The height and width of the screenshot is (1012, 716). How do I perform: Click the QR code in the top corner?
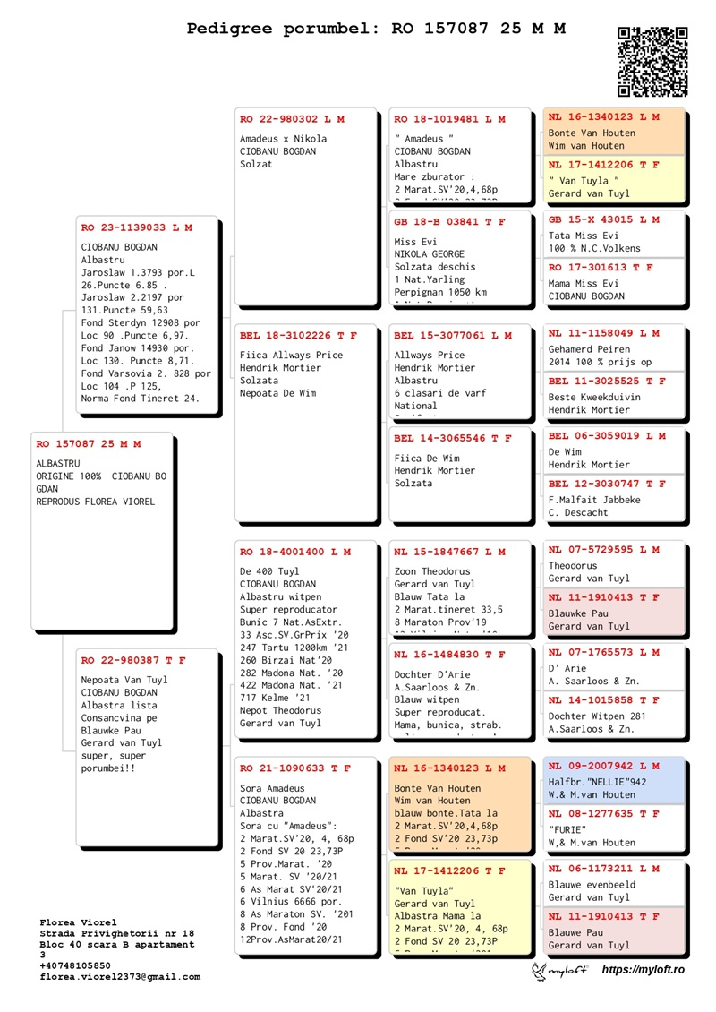[x=653, y=61]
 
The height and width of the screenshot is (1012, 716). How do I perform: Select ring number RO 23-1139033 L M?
[x=136, y=228]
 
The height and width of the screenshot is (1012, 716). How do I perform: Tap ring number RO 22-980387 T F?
[x=133, y=660]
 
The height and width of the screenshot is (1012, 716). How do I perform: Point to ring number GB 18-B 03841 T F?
[x=449, y=221]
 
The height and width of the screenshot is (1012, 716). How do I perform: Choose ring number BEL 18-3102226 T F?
[x=298, y=336]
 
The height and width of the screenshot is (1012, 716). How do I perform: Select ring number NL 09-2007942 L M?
[x=604, y=766]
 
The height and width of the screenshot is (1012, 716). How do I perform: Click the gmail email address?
[x=120, y=977]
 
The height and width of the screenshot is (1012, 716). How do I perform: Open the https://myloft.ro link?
[x=643, y=970]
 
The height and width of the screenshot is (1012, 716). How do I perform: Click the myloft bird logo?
[x=560, y=971]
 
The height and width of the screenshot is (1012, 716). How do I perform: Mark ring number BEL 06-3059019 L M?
[x=607, y=436]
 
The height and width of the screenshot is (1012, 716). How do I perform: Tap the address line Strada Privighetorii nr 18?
[x=117, y=933]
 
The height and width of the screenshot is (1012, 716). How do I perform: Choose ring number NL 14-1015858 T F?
[x=604, y=699]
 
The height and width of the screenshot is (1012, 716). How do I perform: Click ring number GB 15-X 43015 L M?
[x=604, y=219]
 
